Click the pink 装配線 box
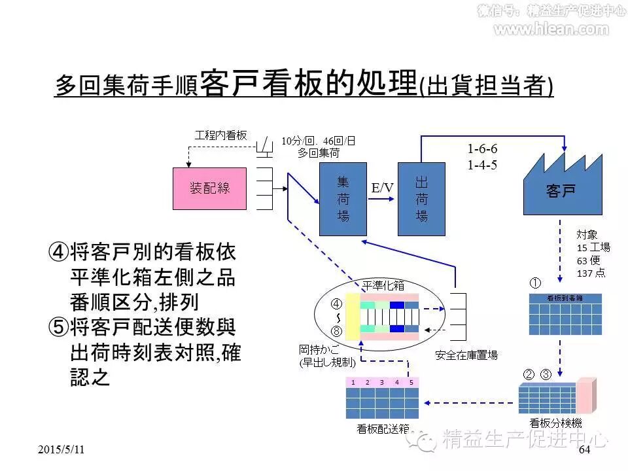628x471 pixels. tap(210, 188)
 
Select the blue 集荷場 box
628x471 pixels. tap(343, 198)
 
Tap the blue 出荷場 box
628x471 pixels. tap(421, 198)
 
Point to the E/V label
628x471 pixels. tap(383, 188)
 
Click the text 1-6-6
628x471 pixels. tap(483, 149)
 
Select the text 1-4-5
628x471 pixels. tap(483, 165)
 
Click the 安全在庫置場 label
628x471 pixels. tap(466, 355)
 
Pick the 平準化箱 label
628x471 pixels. tap(383, 285)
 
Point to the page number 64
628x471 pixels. tap(584, 450)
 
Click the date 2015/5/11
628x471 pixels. tap(61, 450)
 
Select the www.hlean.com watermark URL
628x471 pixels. tap(551, 29)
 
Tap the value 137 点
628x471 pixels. tap(591, 273)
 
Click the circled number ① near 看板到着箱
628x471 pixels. tap(535, 283)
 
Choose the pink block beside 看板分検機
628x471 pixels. tap(586, 392)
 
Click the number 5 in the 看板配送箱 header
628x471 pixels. tap(411, 382)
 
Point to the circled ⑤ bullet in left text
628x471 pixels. tap(58, 327)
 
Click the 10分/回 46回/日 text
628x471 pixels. tap(319, 141)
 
